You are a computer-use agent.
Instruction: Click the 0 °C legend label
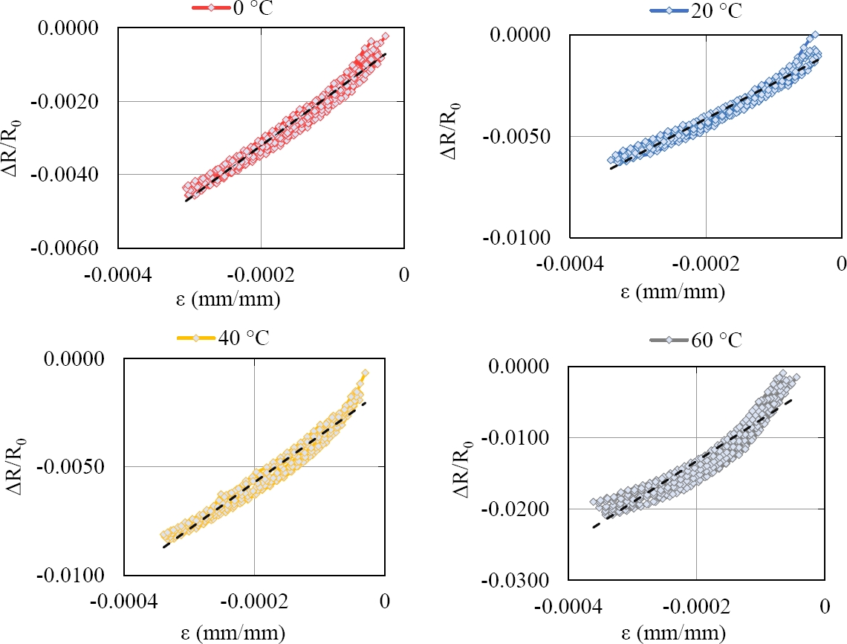248,7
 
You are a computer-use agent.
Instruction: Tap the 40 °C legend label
242,338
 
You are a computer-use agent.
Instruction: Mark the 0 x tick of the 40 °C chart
384,602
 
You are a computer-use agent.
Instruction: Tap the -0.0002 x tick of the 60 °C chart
696,607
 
